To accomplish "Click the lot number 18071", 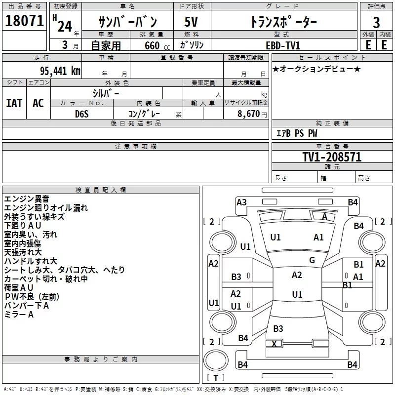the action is tap(24, 21).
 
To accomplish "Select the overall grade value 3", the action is tap(376, 23).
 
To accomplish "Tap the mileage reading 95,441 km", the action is tap(60, 71).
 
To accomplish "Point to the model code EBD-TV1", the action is tap(283, 45).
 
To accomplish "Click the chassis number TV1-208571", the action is tap(332, 157).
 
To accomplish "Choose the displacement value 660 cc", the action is tap(157, 46).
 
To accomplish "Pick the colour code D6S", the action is tap(82, 114).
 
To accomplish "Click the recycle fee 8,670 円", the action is tap(252, 114).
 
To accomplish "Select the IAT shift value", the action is tap(14, 103).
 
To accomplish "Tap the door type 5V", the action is tap(191, 22).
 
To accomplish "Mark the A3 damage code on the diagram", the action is tap(241, 202).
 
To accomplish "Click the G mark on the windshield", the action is tap(312, 260).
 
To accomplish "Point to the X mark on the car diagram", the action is tap(274, 344).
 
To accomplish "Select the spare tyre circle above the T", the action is tap(216, 360).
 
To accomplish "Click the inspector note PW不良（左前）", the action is tap(32, 297).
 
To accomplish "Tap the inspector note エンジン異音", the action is tap(27, 199).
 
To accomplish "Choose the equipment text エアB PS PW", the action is tap(297, 133).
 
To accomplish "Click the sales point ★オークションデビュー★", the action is tap(316, 69).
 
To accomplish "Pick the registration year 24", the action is tap(65, 26).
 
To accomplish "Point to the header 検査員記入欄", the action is tap(101, 190).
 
